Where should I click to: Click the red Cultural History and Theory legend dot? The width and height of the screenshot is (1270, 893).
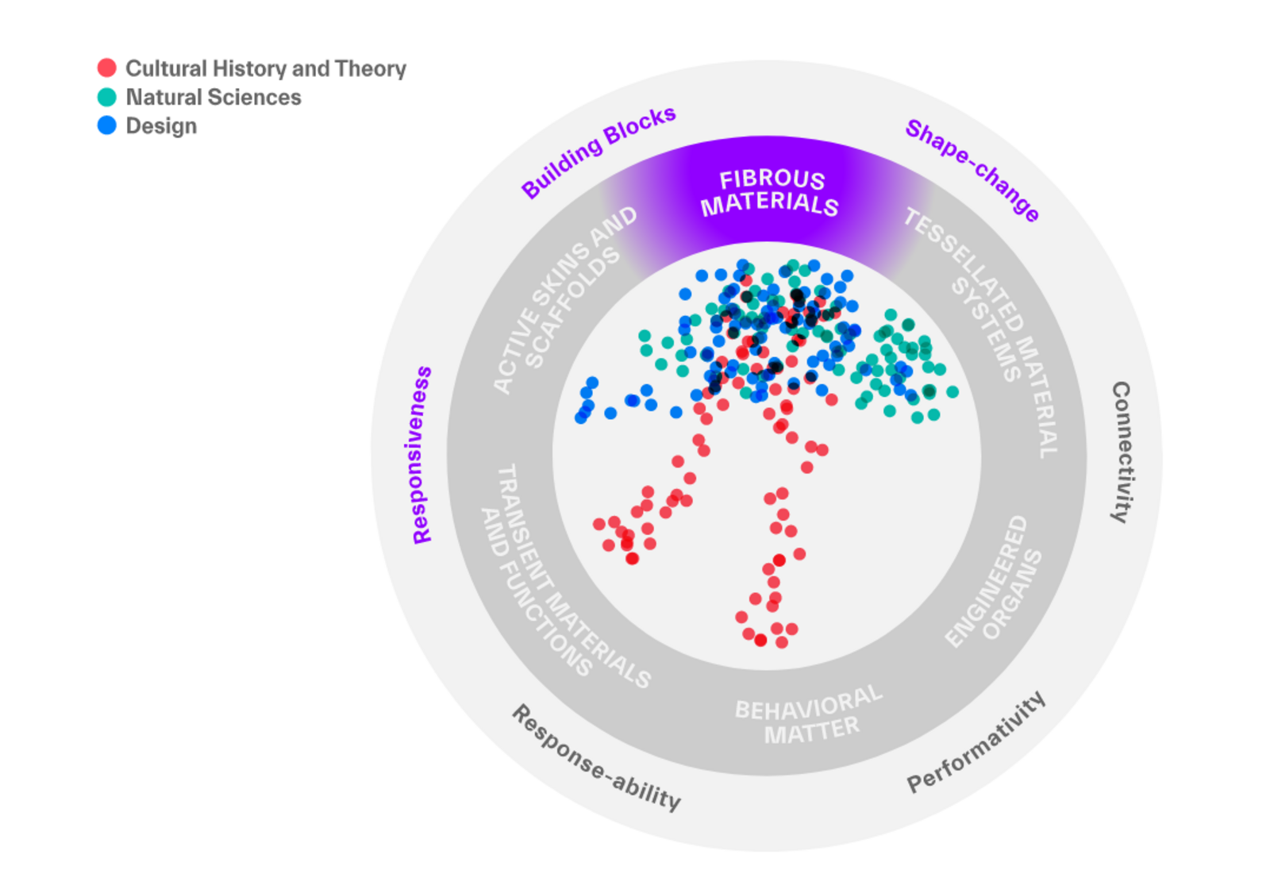[x=106, y=68]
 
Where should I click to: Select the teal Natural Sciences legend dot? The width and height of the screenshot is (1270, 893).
[x=106, y=97]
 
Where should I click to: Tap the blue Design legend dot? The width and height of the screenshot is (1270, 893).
[x=106, y=125]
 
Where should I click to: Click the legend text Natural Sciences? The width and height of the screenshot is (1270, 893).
[x=214, y=97]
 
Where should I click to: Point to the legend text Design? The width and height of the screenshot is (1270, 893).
[x=161, y=125]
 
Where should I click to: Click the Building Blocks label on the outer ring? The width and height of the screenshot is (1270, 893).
[x=598, y=151]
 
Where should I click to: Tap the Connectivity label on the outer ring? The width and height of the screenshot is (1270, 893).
[x=1121, y=452]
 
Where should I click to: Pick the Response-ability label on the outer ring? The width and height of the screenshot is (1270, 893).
[x=596, y=758]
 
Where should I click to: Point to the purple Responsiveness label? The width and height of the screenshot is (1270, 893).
[x=422, y=455]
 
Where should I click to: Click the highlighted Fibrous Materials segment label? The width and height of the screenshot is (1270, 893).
[x=770, y=192]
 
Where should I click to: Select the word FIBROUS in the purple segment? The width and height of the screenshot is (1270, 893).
[x=772, y=179]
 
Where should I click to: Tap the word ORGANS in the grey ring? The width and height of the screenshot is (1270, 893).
[x=1013, y=595]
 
